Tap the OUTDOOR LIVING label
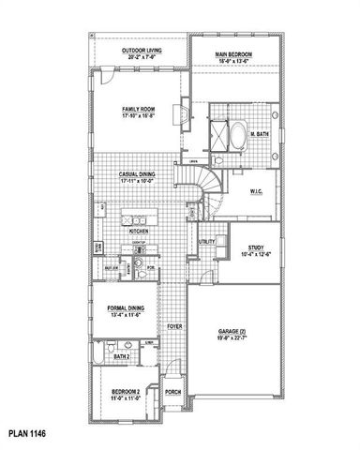point(141,51)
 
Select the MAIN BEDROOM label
point(234,55)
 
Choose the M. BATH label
point(262,135)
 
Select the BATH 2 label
point(122,356)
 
